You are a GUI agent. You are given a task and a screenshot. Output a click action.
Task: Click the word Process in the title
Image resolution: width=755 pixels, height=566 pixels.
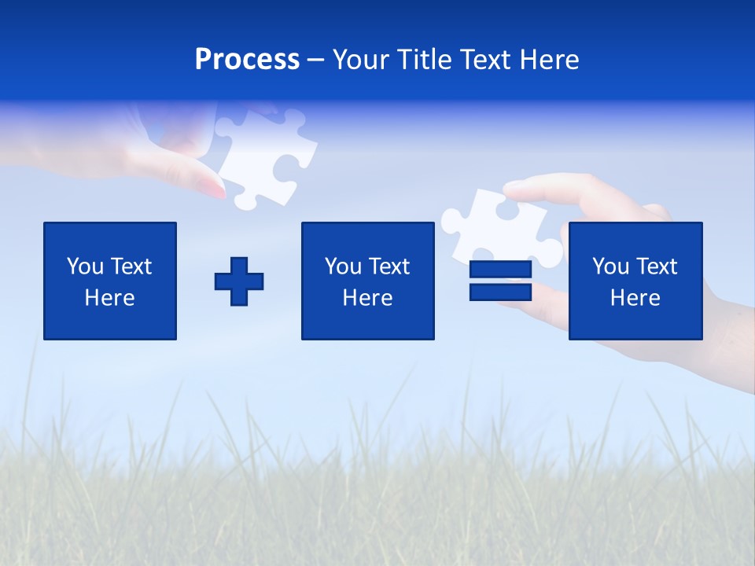(247, 60)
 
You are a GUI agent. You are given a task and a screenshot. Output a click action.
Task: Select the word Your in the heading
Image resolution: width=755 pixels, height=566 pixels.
(362, 60)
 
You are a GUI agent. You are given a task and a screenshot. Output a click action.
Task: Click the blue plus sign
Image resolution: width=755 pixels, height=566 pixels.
(239, 281)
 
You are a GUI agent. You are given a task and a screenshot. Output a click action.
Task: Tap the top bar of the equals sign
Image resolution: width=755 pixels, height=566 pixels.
(500, 270)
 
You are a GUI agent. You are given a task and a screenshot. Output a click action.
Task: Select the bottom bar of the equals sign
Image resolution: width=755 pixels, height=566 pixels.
(500, 292)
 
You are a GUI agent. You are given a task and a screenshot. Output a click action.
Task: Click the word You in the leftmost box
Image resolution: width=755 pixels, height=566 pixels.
(85, 266)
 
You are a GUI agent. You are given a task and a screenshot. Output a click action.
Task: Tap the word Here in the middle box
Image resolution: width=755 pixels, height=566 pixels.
(367, 298)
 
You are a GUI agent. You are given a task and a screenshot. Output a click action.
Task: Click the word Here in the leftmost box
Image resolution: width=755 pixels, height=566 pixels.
(109, 298)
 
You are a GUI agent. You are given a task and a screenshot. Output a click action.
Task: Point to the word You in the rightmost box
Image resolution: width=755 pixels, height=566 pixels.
(610, 266)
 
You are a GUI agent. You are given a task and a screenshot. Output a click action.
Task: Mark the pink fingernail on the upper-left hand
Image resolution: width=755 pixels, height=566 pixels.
(212, 187)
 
